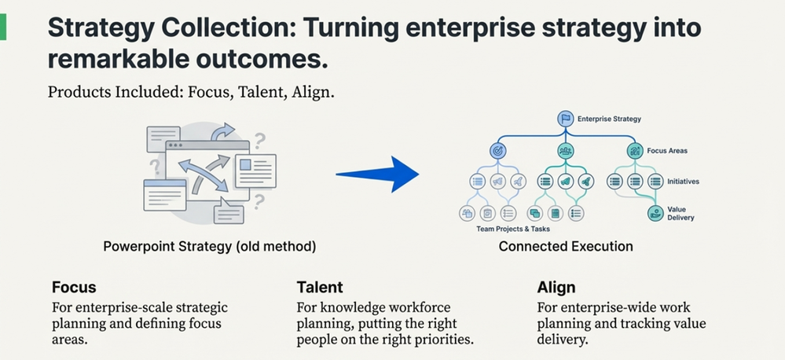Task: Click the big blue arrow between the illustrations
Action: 378,174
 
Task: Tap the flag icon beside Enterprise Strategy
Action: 566,119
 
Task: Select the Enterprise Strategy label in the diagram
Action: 609,119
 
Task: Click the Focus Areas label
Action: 667,150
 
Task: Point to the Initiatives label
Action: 683,182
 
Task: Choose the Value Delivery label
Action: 680,214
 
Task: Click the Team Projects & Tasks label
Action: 512,229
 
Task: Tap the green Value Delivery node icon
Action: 655,213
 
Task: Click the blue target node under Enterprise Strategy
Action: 497,150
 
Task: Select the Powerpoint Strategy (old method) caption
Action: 210,246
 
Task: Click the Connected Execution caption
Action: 566,246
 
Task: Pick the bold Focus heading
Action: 74,288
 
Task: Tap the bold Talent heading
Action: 320,288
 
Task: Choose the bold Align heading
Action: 556,288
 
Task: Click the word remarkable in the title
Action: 116,59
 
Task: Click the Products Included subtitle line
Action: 191,93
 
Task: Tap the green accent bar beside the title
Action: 3,27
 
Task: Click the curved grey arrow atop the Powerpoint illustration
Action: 223,132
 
